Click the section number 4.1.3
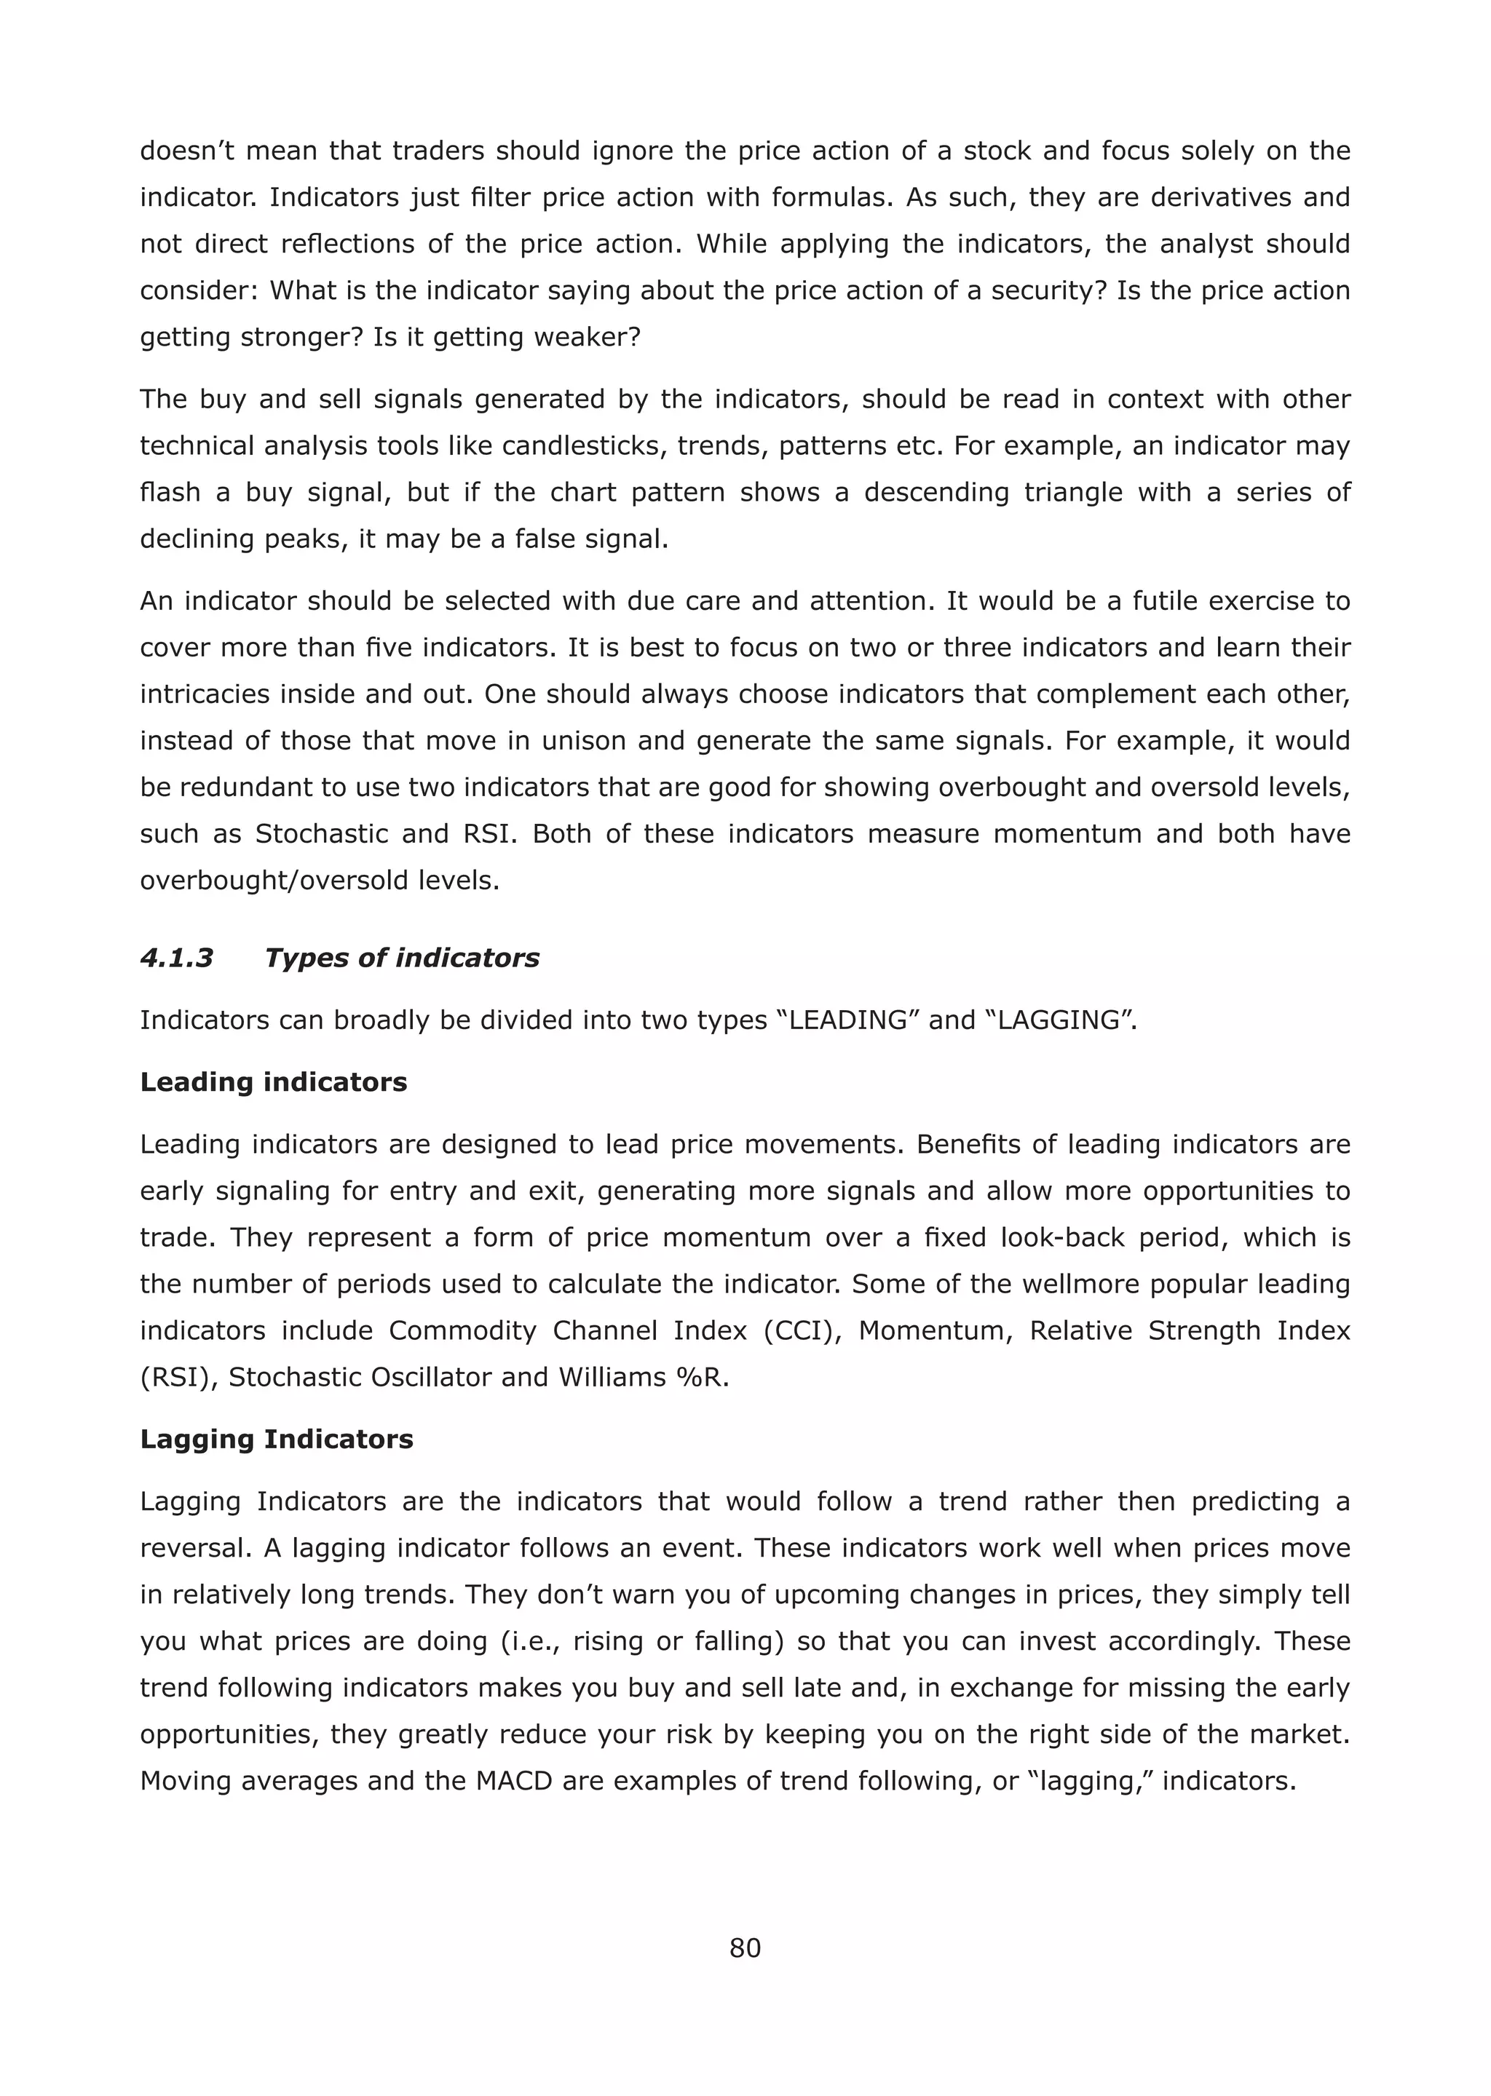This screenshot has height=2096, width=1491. tap(176, 958)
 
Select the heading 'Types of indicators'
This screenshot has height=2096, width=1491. tap(401, 958)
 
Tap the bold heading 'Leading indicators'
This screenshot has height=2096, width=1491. tap(273, 1082)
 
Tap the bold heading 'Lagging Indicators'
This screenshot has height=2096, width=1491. tap(277, 1439)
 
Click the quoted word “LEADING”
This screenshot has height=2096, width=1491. tap(847, 1020)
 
